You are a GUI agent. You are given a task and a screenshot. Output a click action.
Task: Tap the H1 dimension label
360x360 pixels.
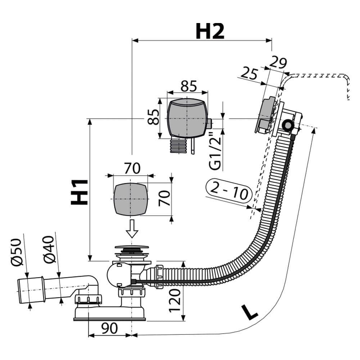[x=80, y=192]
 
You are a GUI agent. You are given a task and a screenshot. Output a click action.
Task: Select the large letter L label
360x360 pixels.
[x=249, y=312]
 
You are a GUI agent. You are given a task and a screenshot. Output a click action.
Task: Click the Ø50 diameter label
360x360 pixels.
[x=17, y=252]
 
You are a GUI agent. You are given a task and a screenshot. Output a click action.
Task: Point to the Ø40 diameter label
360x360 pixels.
[x=49, y=249]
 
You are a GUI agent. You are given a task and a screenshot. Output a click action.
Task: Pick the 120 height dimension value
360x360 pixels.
[x=175, y=301]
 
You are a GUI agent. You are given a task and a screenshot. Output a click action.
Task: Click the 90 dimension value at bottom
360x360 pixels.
[x=109, y=328]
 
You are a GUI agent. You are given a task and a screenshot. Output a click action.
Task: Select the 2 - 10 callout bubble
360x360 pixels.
[x=229, y=193]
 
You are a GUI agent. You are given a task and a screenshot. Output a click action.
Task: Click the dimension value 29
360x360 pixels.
[x=278, y=62]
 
